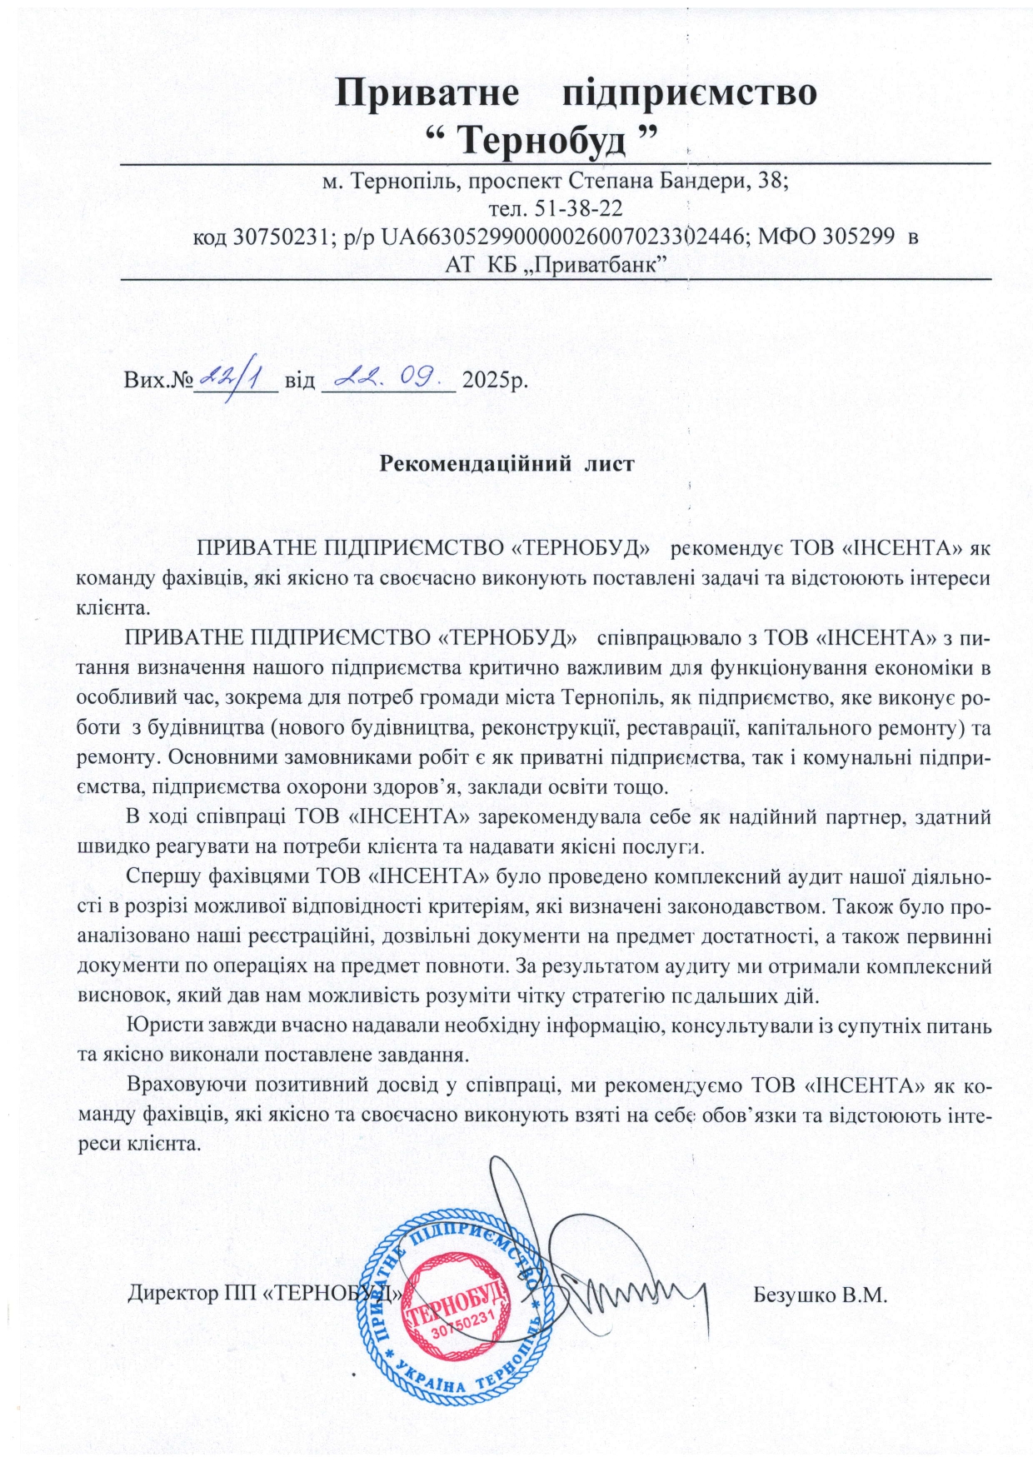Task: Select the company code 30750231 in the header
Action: [x=279, y=237]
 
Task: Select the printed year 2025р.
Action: [x=495, y=382]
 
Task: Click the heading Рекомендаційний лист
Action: [x=507, y=463]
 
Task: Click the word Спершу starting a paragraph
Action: [x=160, y=876]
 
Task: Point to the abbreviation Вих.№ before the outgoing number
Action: [x=158, y=382]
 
